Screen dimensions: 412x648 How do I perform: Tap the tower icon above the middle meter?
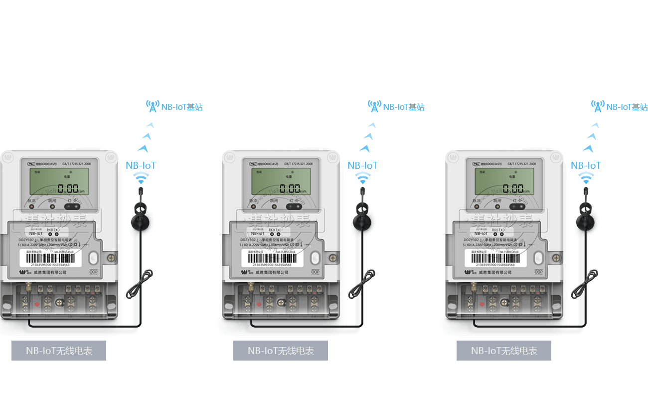(x=374, y=106)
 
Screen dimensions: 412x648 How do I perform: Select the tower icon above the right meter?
(x=598, y=106)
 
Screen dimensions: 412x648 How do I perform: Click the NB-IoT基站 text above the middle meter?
(x=403, y=107)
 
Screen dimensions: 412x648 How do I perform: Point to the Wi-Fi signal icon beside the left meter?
(x=142, y=178)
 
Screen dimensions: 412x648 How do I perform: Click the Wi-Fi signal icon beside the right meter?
(x=586, y=178)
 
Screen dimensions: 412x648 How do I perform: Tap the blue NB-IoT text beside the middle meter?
(x=362, y=165)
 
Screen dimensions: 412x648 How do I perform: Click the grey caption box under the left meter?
(x=59, y=351)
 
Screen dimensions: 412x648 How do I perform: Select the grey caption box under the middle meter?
(x=281, y=351)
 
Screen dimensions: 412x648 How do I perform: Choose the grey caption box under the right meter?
(x=504, y=351)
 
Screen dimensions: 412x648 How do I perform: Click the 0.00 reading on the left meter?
(x=68, y=189)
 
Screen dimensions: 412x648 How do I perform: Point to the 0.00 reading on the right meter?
(x=513, y=189)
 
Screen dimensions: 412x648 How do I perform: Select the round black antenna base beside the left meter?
(x=141, y=222)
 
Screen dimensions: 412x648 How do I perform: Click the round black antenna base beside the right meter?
(x=586, y=222)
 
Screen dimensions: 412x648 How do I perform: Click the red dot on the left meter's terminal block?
(x=36, y=303)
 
